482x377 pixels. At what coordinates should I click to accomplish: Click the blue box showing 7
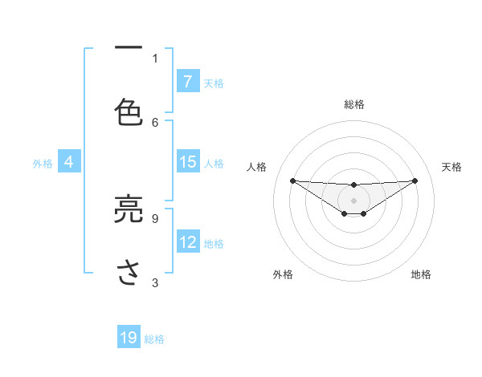(x=187, y=82)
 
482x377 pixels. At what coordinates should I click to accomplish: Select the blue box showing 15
(x=187, y=162)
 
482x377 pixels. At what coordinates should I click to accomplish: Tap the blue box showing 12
(x=187, y=242)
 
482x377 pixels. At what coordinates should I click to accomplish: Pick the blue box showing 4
(x=69, y=162)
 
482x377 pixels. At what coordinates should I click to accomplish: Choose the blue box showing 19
(x=129, y=338)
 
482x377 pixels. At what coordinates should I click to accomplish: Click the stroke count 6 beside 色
(x=155, y=122)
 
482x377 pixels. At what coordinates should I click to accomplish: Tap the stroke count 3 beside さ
(x=155, y=282)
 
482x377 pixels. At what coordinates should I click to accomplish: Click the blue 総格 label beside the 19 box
(x=154, y=339)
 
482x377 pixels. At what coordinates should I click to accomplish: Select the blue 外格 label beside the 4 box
(x=43, y=164)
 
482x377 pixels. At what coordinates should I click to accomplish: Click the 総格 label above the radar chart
(x=353, y=104)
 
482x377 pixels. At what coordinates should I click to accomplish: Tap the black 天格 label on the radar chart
(x=451, y=167)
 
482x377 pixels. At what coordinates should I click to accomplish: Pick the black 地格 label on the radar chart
(x=421, y=274)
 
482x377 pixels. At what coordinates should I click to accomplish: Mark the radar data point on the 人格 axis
(x=292, y=180)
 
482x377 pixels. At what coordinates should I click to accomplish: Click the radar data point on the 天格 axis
(x=415, y=180)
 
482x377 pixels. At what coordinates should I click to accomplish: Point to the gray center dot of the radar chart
(x=353, y=201)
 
